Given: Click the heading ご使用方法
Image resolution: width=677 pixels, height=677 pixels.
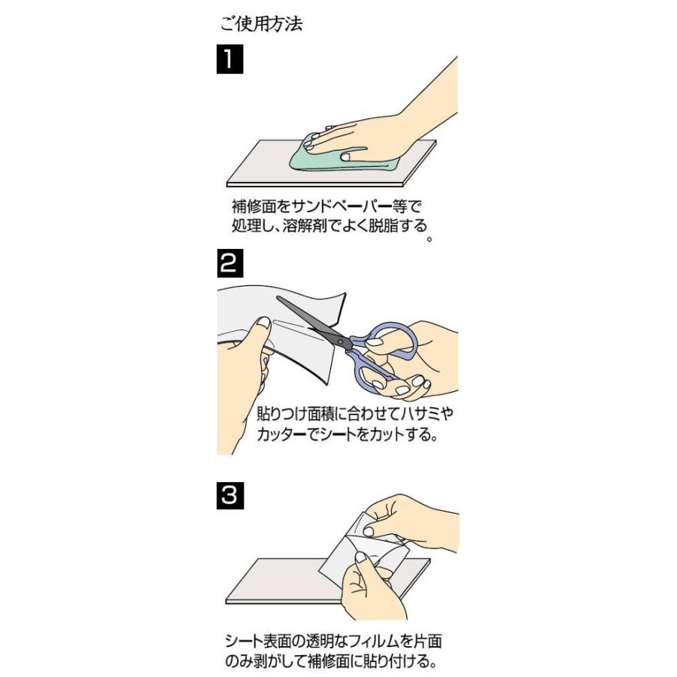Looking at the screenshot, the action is [261, 24].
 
